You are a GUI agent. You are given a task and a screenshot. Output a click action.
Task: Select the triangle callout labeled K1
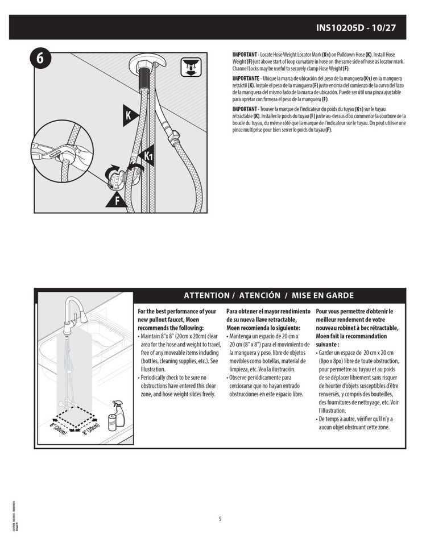[x=146, y=155]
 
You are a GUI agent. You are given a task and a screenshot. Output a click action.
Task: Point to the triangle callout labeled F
[x=117, y=199]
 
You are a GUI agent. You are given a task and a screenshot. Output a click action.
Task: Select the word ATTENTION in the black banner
[x=206, y=296]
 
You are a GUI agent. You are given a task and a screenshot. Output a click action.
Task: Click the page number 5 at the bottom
[x=220, y=518]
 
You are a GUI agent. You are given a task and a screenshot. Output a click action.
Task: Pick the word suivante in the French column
[x=327, y=345]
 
